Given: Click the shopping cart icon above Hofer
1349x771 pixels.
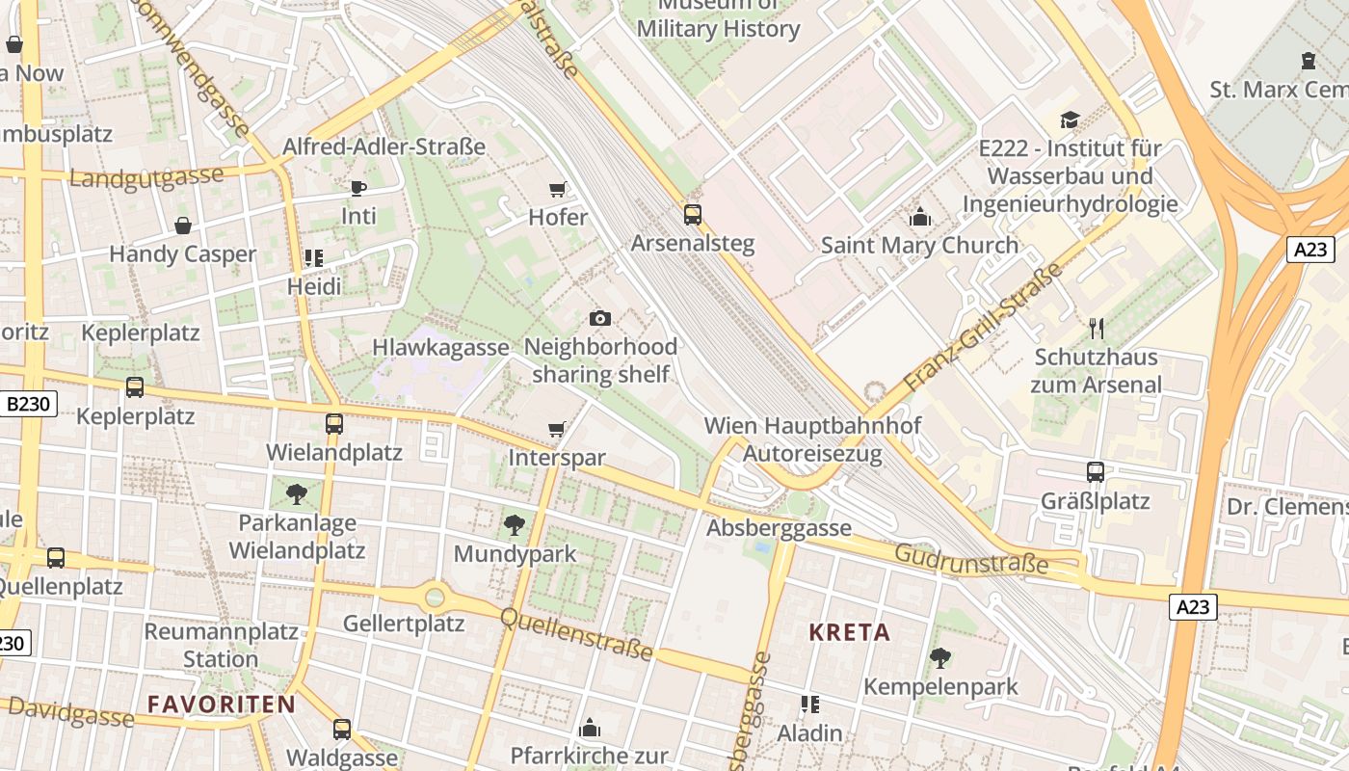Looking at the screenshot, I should pyautogui.click(x=557, y=189).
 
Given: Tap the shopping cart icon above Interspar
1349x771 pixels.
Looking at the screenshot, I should pyautogui.click(x=556, y=429).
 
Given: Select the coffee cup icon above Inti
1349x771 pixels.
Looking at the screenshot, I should pyautogui.click(x=358, y=187).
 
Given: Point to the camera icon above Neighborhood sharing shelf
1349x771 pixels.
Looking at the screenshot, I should pyautogui.click(x=599, y=318).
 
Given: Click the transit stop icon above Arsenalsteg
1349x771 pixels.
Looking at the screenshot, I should pyautogui.click(x=692, y=214).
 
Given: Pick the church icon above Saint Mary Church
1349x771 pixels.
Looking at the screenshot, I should pyautogui.click(x=919, y=217).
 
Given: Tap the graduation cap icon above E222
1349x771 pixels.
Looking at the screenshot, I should pyautogui.click(x=1070, y=120).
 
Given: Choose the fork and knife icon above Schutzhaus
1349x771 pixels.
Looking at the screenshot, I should pyautogui.click(x=1096, y=328).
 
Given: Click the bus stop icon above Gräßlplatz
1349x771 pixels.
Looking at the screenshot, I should pyautogui.click(x=1096, y=472).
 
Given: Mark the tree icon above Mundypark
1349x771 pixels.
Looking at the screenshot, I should pyautogui.click(x=515, y=525).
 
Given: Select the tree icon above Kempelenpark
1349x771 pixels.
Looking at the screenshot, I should pyautogui.click(x=939, y=658).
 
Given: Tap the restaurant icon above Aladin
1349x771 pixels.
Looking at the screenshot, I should pyautogui.click(x=809, y=705).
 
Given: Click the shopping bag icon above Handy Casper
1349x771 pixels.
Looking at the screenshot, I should pyautogui.click(x=183, y=226).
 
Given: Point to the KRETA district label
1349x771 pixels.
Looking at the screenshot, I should pyautogui.click(x=849, y=632).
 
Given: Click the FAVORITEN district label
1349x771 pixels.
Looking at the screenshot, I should pyautogui.click(x=222, y=704).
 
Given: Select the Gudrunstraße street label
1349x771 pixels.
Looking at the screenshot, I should pyautogui.click(x=970, y=559).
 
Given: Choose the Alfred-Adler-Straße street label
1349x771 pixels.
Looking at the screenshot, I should pyautogui.click(x=384, y=147).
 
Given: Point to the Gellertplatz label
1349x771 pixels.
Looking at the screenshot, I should pyautogui.click(x=404, y=624).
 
